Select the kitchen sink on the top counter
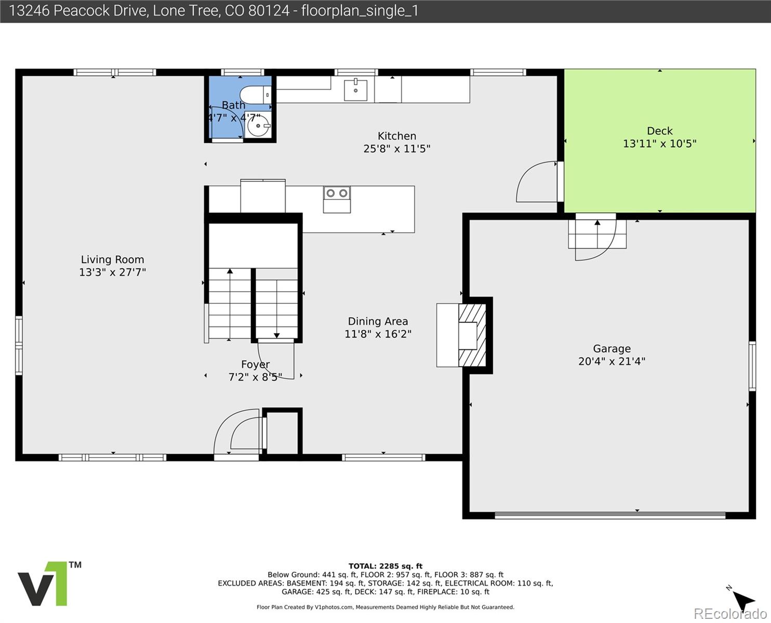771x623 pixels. pos(355,90)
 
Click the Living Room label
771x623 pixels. pos(112,260)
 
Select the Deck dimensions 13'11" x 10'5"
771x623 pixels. pos(659,144)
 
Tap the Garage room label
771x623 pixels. pos(612,349)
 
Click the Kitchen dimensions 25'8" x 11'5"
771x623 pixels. pos(396,149)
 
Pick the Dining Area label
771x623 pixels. pos(378,321)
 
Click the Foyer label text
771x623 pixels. pos(255,364)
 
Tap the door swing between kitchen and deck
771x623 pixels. pos(535,182)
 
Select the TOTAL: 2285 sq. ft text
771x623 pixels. pos(385,566)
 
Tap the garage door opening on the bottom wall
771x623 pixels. pos(609,515)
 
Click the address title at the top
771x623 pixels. pos(214,11)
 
